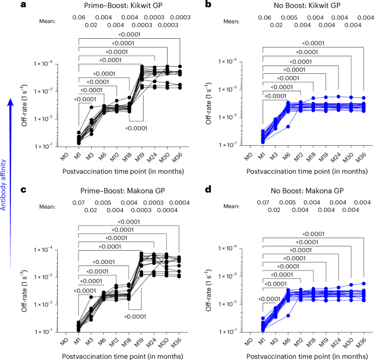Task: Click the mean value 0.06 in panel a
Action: pos(79,17)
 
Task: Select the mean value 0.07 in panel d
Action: pos(263,203)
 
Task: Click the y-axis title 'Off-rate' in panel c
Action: pos(24,276)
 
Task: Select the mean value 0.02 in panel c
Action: pos(91,210)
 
